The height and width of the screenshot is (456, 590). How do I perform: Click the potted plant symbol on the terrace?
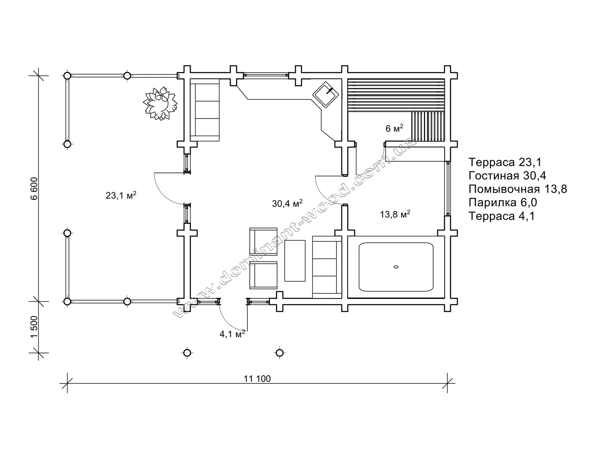click(x=160, y=103)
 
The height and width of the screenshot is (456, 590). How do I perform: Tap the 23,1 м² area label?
click(x=121, y=195)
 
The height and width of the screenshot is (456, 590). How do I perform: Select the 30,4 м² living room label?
click(x=287, y=203)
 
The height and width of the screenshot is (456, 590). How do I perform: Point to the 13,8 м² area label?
click(x=395, y=214)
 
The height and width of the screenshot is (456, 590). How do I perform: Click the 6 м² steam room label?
click(x=394, y=128)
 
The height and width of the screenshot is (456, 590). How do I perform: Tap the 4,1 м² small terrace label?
click(x=232, y=334)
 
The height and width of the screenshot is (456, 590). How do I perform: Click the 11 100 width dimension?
click(x=257, y=379)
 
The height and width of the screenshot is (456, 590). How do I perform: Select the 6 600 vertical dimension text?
click(x=34, y=189)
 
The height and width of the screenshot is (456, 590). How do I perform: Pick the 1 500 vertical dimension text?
click(x=34, y=327)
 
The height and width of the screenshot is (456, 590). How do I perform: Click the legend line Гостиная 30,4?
click(x=507, y=176)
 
